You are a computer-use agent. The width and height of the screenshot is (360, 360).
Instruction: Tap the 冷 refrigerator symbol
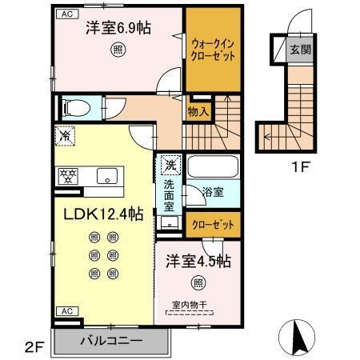pyautogui.click(x=64, y=137)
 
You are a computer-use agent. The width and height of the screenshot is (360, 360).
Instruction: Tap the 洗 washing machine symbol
pyautogui.click(x=170, y=166)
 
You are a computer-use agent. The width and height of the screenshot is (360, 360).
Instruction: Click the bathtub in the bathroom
pyautogui.click(x=212, y=168)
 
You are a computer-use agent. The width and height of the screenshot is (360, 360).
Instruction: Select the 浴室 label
pyautogui.click(x=212, y=193)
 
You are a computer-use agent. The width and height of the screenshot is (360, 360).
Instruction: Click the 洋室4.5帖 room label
pyautogui.click(x=199, y=262)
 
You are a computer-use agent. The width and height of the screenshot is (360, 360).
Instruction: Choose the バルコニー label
pyautogui.click(x=110, y=341)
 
